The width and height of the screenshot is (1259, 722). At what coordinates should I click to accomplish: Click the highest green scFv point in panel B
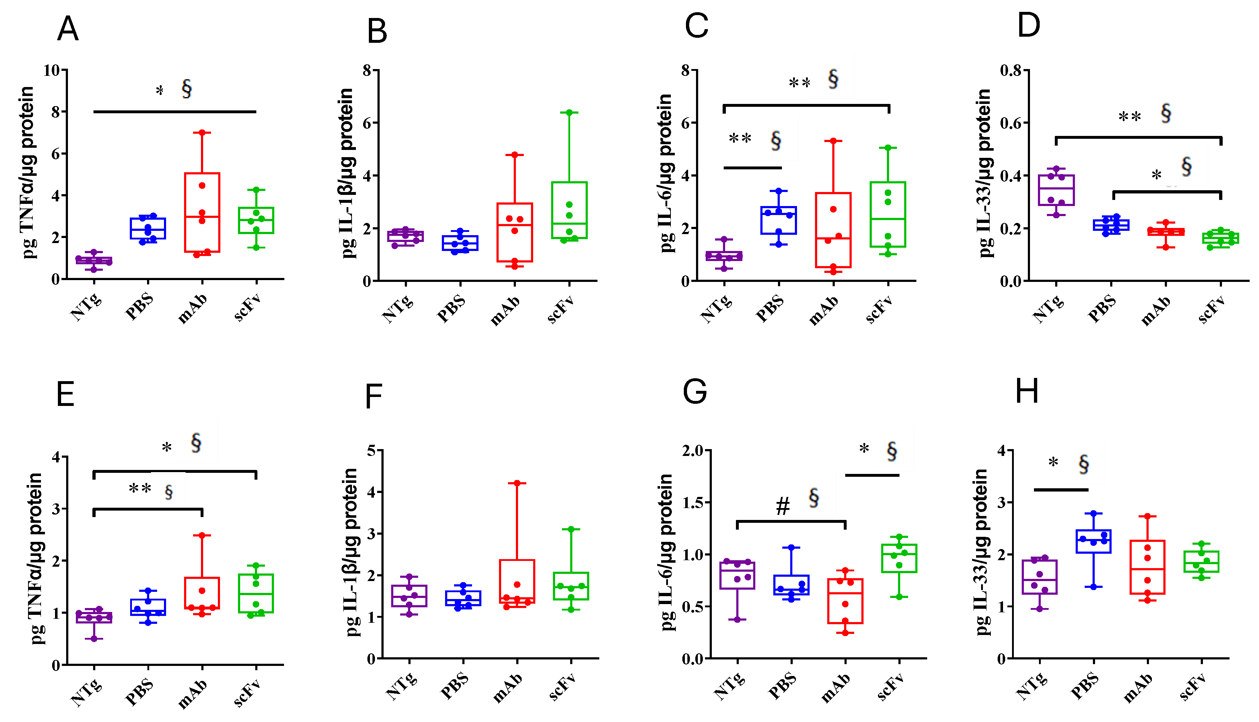point(569,113)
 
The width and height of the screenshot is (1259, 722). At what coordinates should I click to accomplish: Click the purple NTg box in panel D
point(1056,190)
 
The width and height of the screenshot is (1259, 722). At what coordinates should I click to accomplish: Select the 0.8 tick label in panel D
point(1011,70)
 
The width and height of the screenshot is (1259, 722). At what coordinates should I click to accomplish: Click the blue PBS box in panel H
point(1093,541)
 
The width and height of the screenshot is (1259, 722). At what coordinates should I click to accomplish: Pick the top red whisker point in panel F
point(517,483)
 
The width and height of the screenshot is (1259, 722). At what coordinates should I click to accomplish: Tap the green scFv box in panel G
point(899,558)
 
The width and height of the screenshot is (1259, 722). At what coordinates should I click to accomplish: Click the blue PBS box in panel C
point(779,220)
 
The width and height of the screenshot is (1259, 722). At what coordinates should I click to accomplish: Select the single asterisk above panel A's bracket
point(160,91)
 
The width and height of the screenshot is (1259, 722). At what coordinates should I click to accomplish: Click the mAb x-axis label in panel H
point(1138,688)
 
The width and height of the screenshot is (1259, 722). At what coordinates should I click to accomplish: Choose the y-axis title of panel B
point(348,174)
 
